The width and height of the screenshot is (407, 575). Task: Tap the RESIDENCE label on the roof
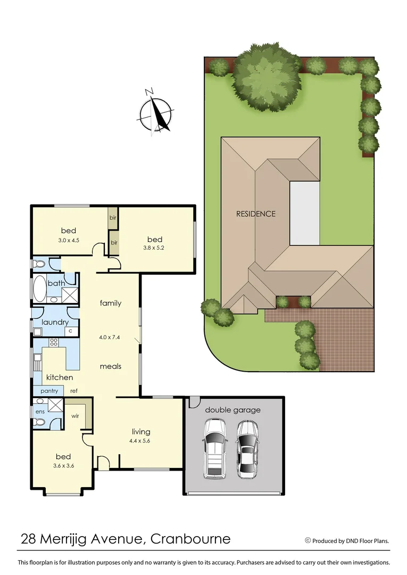click(x=256, y=214)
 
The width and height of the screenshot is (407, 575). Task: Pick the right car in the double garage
click(x=247, y=448)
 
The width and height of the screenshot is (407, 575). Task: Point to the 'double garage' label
click(x=233, y=410)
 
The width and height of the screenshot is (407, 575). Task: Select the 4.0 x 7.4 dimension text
click(x=110, y=337)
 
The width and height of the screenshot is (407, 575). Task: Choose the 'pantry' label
click(x=48, y=391)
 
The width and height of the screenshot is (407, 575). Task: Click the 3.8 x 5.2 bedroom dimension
click(x=154, y=248)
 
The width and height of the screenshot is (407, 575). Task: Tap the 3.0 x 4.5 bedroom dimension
click(x=68, y=240)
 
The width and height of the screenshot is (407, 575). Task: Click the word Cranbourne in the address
click(x=190, y=539)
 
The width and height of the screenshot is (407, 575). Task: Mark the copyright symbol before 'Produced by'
click(x=308, y=540)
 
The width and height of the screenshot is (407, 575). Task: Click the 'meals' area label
click(x=110, y=366)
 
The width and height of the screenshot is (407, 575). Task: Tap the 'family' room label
click(x=110, y=303)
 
